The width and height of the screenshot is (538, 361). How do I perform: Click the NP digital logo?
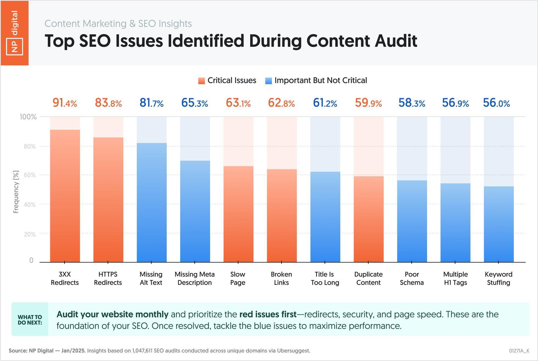point(14,33)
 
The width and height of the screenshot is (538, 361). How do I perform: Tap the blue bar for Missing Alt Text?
point(152,202)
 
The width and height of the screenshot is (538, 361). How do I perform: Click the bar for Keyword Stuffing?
point(498,224)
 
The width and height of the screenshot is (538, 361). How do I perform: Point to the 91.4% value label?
point(65,103)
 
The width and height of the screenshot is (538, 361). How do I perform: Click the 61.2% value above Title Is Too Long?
point(325,103)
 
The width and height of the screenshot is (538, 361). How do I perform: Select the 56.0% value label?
point(496,103)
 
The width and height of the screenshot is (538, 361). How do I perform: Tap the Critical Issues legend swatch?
point(202,81)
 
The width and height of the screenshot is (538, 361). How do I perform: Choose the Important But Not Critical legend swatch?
point(268,81)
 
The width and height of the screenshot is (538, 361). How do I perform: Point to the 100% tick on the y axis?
point(28,117)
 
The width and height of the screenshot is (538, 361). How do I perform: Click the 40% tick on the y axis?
point(30,205)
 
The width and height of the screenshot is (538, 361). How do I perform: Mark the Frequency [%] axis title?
point(16,192)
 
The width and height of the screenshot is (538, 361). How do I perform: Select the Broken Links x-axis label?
point(281,278)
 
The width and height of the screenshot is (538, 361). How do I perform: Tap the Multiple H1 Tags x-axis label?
point(455,278)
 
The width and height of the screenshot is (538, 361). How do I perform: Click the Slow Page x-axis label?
point(238,278)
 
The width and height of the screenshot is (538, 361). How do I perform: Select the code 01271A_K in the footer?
point(519,351)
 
